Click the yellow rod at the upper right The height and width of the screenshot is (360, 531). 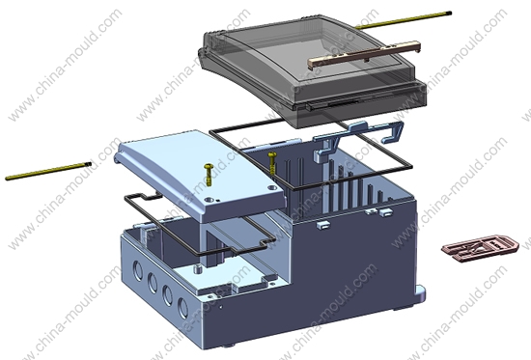[x=404, y=20]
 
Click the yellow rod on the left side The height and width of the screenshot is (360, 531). [x=48, y=171]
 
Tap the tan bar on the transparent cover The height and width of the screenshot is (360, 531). [x=364, y=53]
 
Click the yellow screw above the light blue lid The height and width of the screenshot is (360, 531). [x=209, y=174]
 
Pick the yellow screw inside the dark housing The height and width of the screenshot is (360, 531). [x=272, y=163]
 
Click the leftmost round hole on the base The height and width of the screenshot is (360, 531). [x=138, y=271]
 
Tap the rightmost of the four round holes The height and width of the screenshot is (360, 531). [x=182, y=308]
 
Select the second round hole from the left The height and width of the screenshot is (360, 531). [x=153, y=283]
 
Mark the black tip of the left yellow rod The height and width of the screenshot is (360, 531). [x=90, y=164]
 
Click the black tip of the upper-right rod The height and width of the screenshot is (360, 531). [x=449, y=14]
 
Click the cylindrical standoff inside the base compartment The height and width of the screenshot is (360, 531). [x=198, y=270]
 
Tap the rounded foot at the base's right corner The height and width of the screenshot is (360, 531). [x=420, y=294]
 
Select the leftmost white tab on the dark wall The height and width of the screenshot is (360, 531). [x=323, y=225]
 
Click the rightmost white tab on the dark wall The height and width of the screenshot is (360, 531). [x=386, y=212]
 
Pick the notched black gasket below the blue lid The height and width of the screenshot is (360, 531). [x=200, y=225]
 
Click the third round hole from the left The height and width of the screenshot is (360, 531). [x=168, y=295]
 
